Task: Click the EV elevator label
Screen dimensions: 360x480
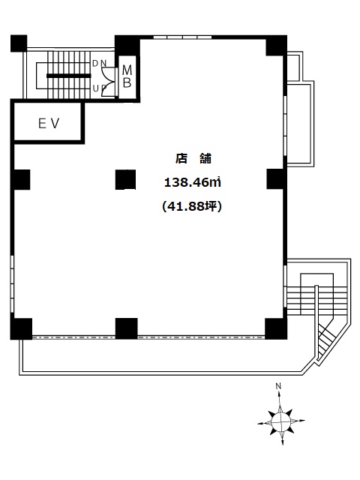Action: [x=49, y=124]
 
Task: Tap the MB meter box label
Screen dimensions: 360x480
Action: [x=127, y=76]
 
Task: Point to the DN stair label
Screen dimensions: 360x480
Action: [x=100, y=63]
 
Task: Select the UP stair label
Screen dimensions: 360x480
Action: [x=100, y=88]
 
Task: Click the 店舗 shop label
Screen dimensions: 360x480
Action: [x=193, y=158]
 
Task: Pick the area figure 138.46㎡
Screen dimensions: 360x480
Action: [x=193, y=183]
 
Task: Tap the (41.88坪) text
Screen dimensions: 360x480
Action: [x=192, y=207]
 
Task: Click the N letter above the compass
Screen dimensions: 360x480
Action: [x=278, y=386]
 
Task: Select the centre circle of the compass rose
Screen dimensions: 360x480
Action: [x=281, y=421]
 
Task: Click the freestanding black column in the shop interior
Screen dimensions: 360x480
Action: [x=125, y=180]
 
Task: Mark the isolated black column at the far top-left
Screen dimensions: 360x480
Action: [x=19, y=43]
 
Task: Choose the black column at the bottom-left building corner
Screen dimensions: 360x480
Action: [x=21, y=328]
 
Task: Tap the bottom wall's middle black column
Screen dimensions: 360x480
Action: [x=127, y=328]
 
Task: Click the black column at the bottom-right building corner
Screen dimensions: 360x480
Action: [x=276, y=328]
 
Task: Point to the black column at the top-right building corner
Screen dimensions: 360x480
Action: [x=277, y=45]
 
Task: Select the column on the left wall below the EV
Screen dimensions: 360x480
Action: [x=21, y=179]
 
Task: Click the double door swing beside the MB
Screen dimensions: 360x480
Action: [x=108, y=82]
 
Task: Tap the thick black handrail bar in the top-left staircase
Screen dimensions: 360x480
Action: [x=69, y=76]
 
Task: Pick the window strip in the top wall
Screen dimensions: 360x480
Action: [x=182, y=37]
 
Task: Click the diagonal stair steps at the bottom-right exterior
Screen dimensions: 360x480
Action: [x=325, y=337]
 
